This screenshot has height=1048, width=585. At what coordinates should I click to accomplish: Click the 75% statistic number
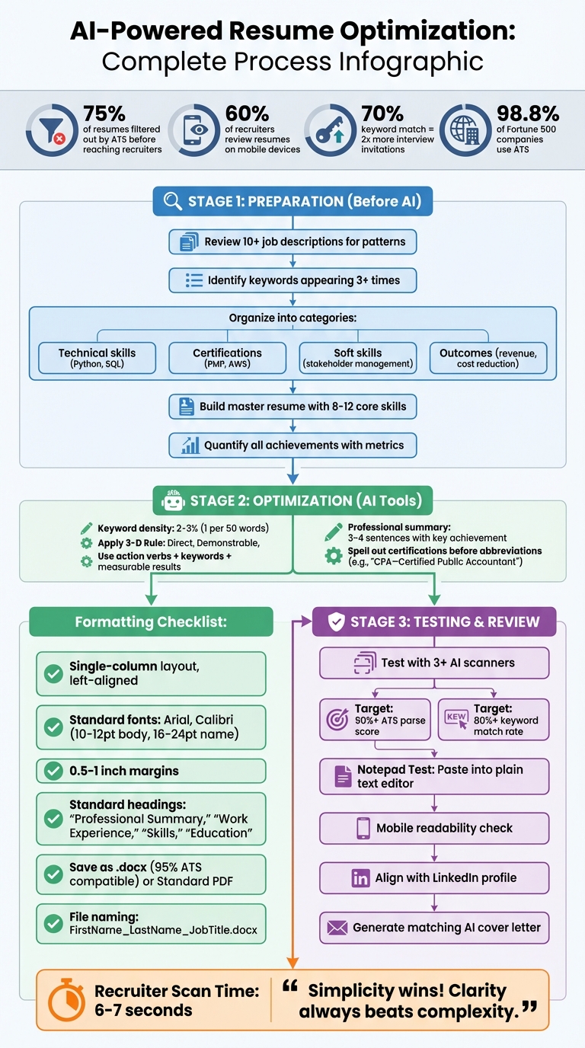(104, 113)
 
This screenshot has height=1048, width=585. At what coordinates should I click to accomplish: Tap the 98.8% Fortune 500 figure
(527, 113)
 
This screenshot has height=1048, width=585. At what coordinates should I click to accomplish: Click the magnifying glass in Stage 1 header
(173, 202)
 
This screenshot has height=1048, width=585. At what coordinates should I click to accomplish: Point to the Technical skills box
(97, 358)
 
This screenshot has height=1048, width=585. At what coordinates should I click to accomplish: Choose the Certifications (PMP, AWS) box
(227, 358)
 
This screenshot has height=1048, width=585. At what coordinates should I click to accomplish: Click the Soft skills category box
(358, 358)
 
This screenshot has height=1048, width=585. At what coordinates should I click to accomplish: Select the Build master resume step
(293, 407)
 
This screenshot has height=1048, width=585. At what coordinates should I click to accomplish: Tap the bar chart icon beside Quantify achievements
(190, 446)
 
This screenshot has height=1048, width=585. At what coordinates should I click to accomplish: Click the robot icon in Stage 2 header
(174, 500)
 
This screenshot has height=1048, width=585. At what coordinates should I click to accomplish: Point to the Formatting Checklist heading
(151, 622)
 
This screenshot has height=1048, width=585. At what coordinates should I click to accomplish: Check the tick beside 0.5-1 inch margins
(53, 771)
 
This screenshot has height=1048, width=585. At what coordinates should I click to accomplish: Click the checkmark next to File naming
(53, 924)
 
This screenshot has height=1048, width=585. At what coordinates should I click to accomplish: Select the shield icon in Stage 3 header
(336, 622)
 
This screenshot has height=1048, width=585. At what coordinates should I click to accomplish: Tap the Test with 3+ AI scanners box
(434, 663)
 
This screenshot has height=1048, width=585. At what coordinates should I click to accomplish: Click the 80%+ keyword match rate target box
(494, 720)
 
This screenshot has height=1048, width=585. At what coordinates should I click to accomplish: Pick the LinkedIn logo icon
(360, 878)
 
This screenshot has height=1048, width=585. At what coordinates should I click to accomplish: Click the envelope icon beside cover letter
(337, 928)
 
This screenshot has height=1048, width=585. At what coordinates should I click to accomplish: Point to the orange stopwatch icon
(67, 1000)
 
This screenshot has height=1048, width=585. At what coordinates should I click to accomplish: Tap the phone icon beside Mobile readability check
(363, 829)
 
